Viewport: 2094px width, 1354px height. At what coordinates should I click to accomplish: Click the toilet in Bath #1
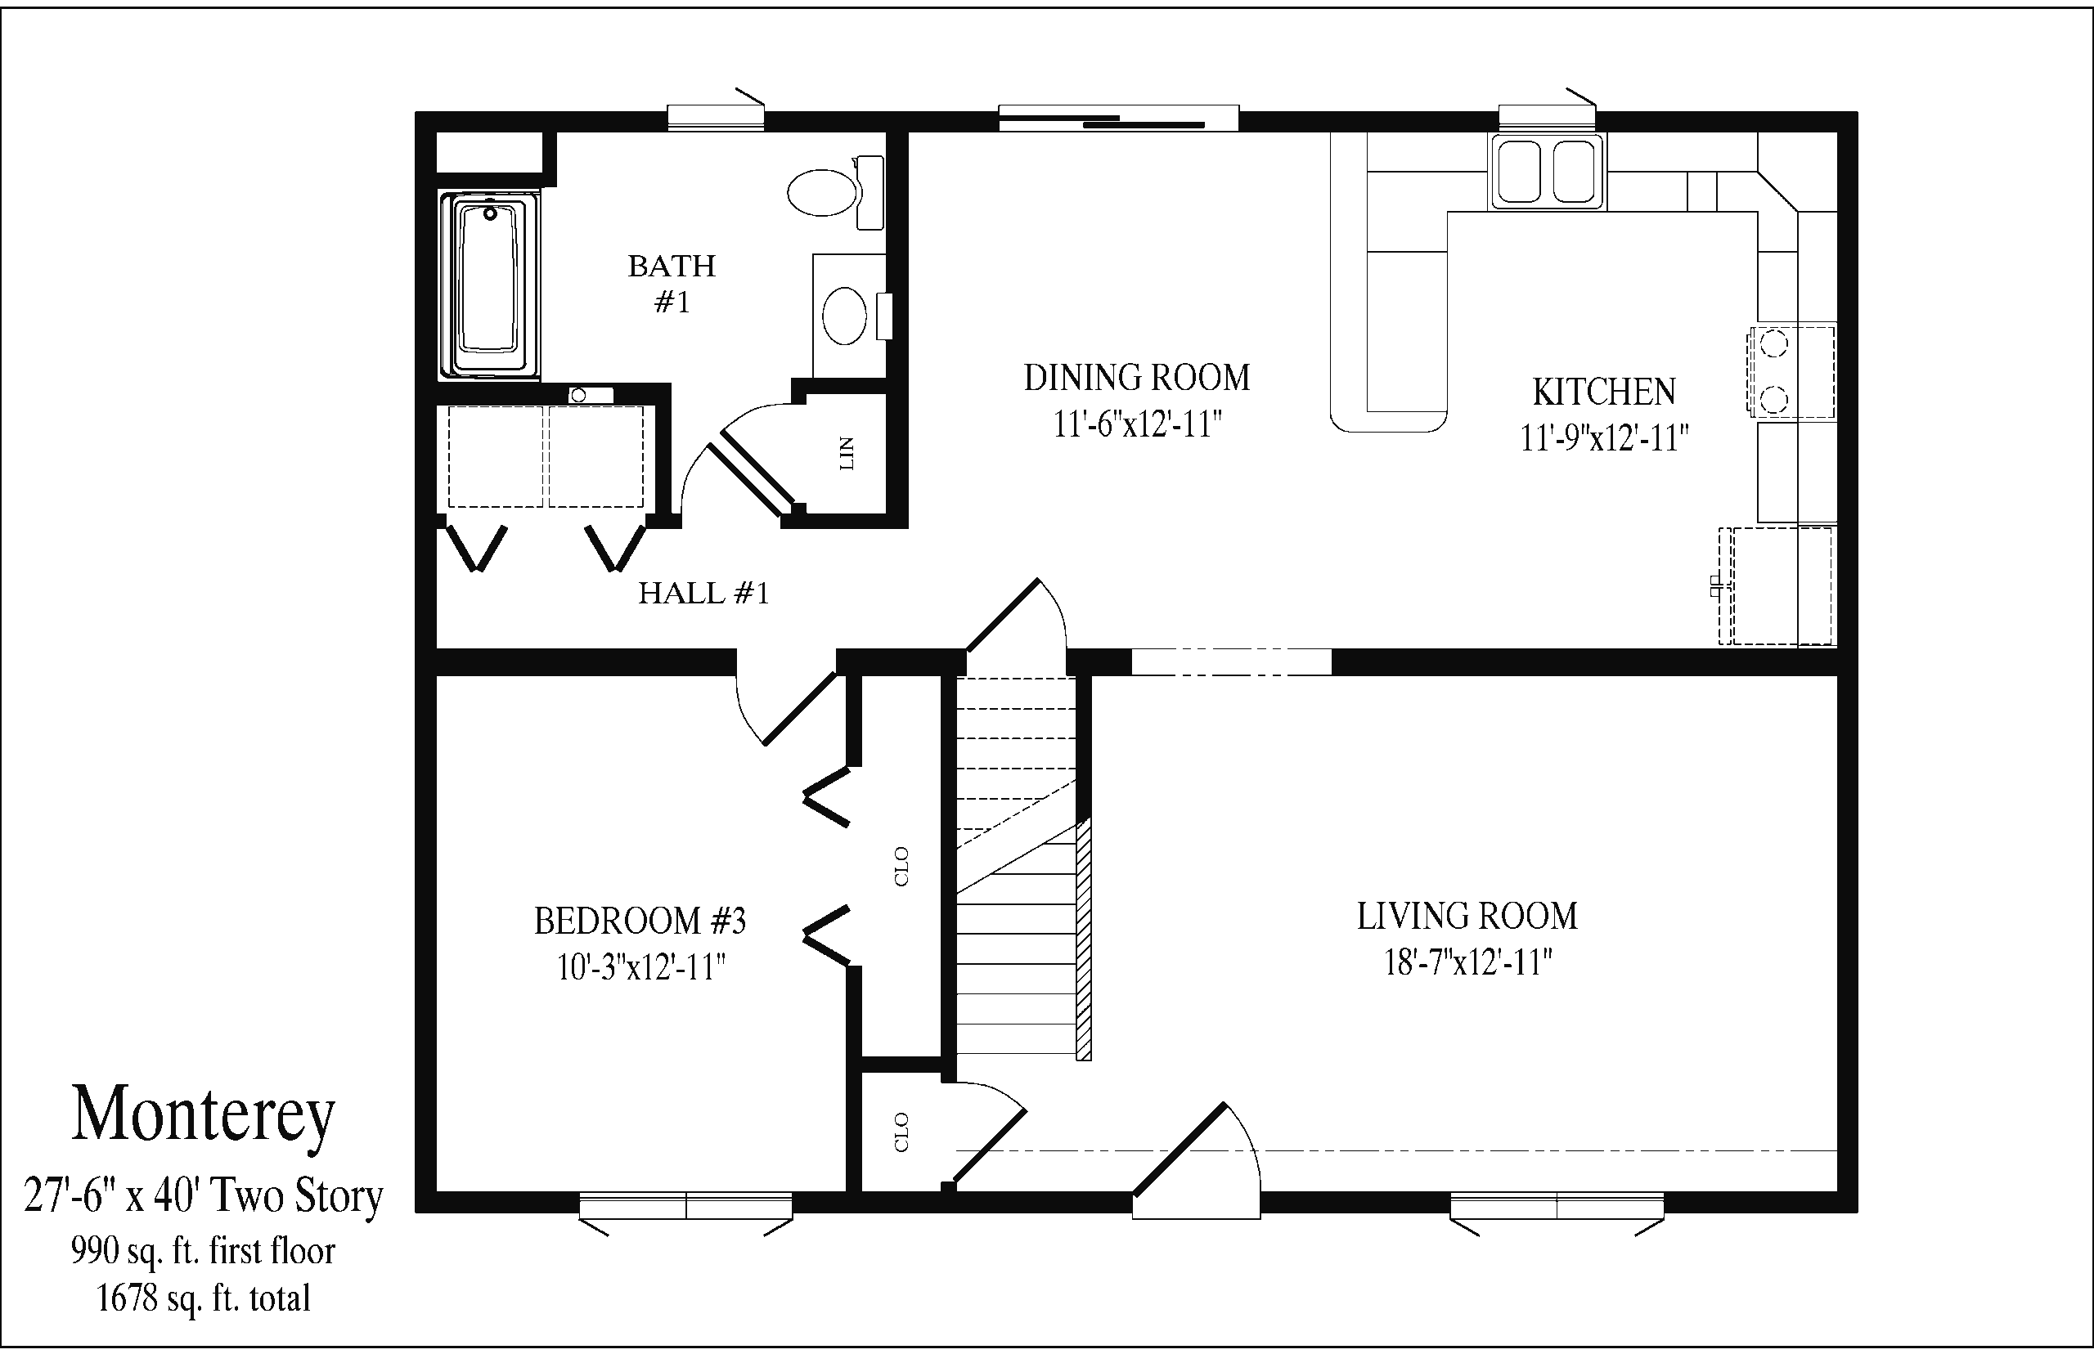point(835,192)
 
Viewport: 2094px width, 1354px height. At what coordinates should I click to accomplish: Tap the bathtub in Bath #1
point(489,285)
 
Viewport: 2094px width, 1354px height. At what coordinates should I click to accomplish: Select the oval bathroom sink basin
point(844,316)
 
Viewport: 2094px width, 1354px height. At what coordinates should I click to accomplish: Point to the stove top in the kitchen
point(1791,370)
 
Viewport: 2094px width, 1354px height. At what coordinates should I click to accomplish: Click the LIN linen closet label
point(847,453)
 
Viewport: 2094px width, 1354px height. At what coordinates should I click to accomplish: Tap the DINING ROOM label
point(1136,378)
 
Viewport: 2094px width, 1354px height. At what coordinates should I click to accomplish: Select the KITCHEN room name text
point(1604,392)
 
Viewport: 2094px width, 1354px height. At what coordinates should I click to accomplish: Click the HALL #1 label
point(703,594)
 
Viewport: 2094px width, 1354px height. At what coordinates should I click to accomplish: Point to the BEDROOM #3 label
point(640,921)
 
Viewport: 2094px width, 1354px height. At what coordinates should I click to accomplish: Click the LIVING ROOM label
point(1467,916)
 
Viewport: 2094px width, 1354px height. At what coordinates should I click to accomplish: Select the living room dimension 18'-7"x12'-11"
point(1467,962)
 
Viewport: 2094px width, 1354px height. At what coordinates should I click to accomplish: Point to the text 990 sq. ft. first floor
point(203,1250)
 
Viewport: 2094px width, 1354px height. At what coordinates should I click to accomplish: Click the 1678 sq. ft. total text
point(203,1298)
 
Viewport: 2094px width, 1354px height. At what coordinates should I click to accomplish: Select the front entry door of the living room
point(1196,1160)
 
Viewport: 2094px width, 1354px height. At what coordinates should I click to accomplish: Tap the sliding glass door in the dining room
point(1118,119)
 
